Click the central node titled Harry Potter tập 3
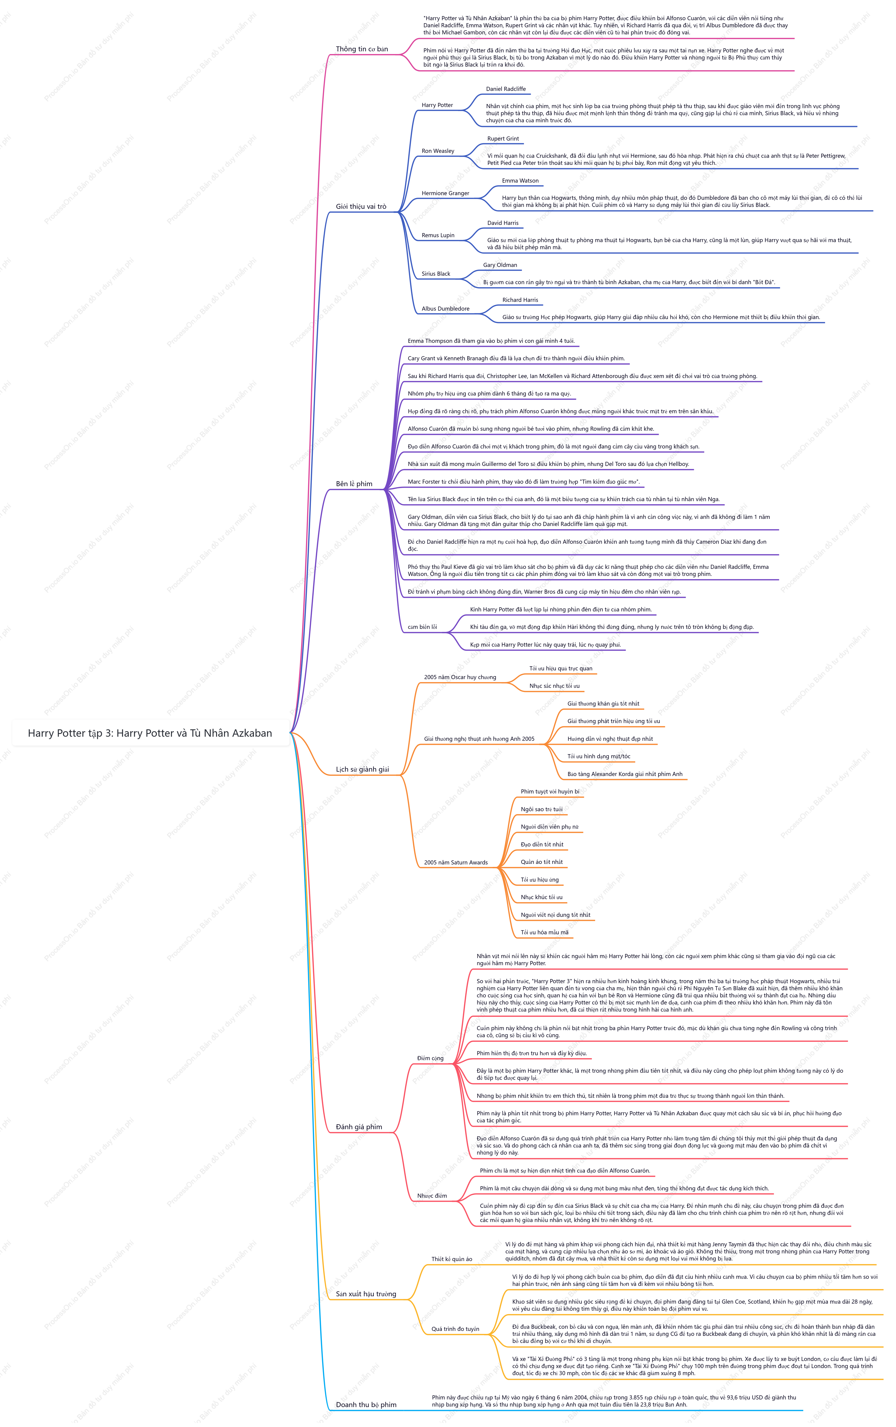pyautogui.click(x=150, y=733)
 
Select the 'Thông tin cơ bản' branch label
pyautogui.click(x=362, y=49)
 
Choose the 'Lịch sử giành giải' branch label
pyautogui.click(x=362, y=769)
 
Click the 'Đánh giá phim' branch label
pyautogui.click(x=359, y=1126)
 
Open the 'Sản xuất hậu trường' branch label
pyautogui.click(x=366, y=1294)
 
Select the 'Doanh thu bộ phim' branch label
pyautogui.click(x=366, y=1404)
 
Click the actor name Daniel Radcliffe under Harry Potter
pyautogui.click(x=506, y=89)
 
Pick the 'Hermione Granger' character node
pyautogui.click(x=445, y=193)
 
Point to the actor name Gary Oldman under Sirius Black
pyautogui.click(x=500, y=265)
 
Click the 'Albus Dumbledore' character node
pyautogui.click(x=445, y=309)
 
